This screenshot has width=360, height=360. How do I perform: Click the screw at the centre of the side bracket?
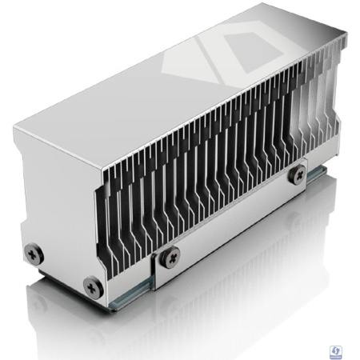point(169,257)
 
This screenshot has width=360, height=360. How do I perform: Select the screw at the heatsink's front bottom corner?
point(94,282)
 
